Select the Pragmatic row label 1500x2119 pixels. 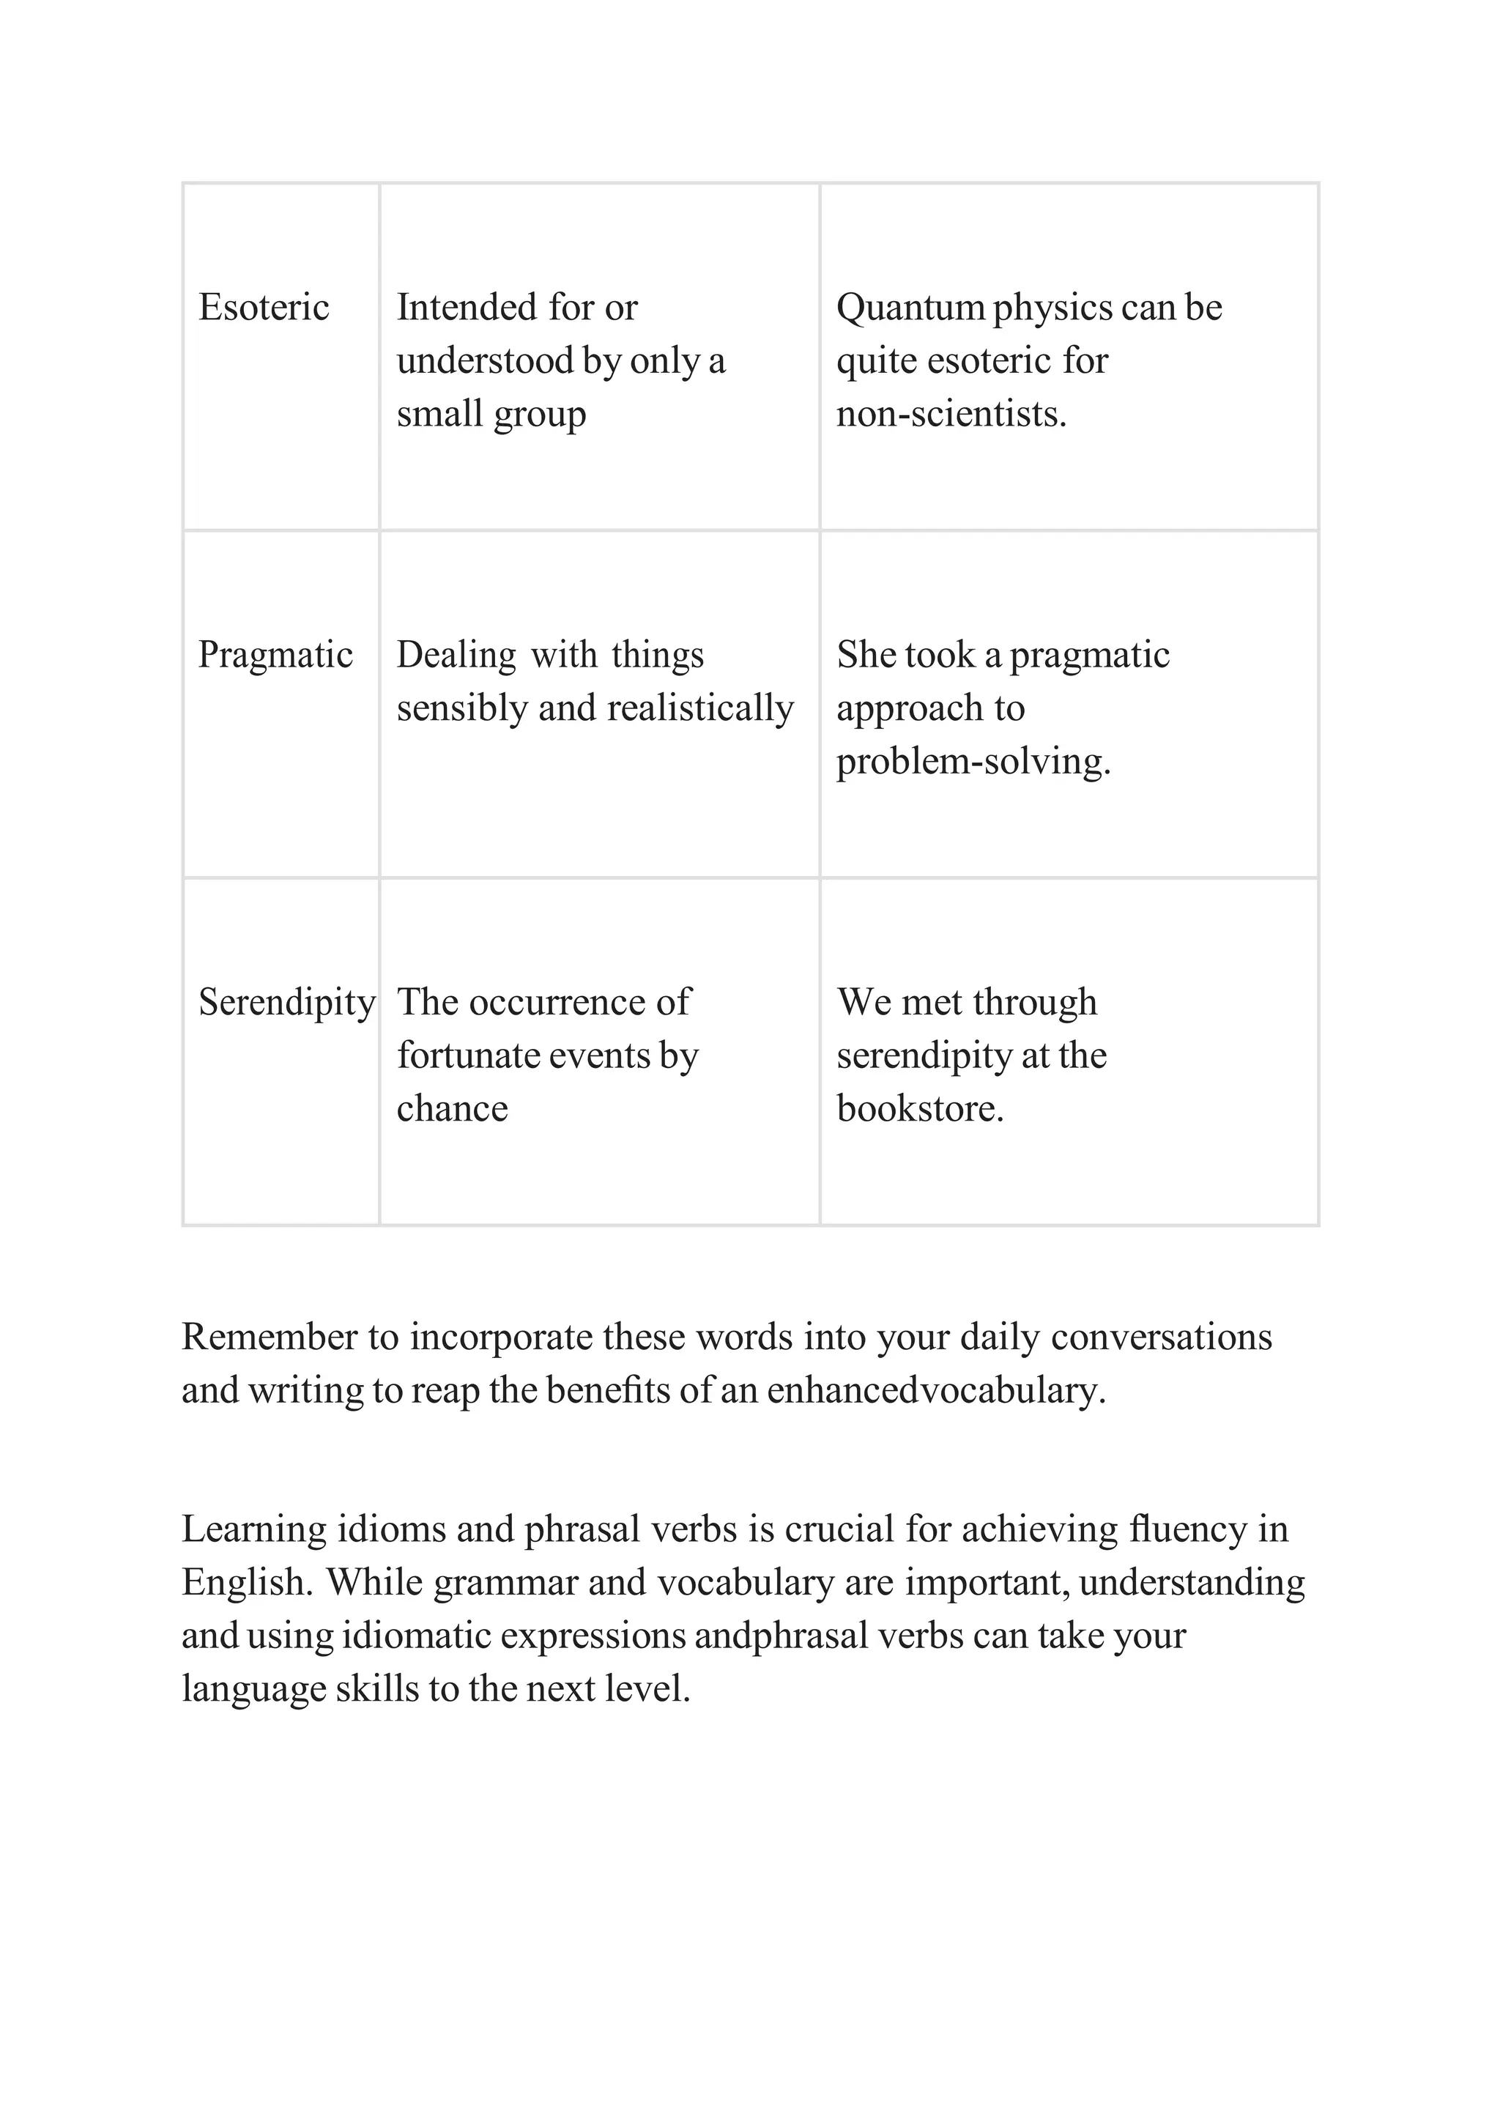click(275, 655)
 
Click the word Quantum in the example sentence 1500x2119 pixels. click(910, 308)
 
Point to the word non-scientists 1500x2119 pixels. click(951, 414)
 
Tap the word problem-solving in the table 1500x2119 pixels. click(973, 762)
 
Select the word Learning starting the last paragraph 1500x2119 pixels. click(254, 1529)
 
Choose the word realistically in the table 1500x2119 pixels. click(700, 708)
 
